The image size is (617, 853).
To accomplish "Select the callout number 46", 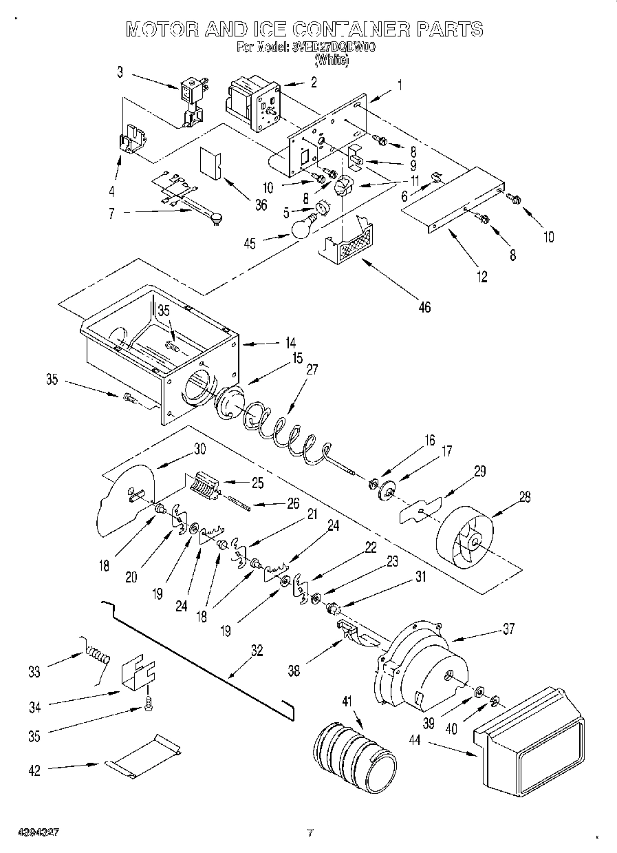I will point(424,307).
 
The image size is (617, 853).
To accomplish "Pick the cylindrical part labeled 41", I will point(354,752).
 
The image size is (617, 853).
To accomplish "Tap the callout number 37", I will point(509,629).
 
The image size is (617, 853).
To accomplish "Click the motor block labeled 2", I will point(252,103).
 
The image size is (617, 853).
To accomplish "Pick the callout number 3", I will point(120,70).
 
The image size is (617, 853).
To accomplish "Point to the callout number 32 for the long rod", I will point(257,652).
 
